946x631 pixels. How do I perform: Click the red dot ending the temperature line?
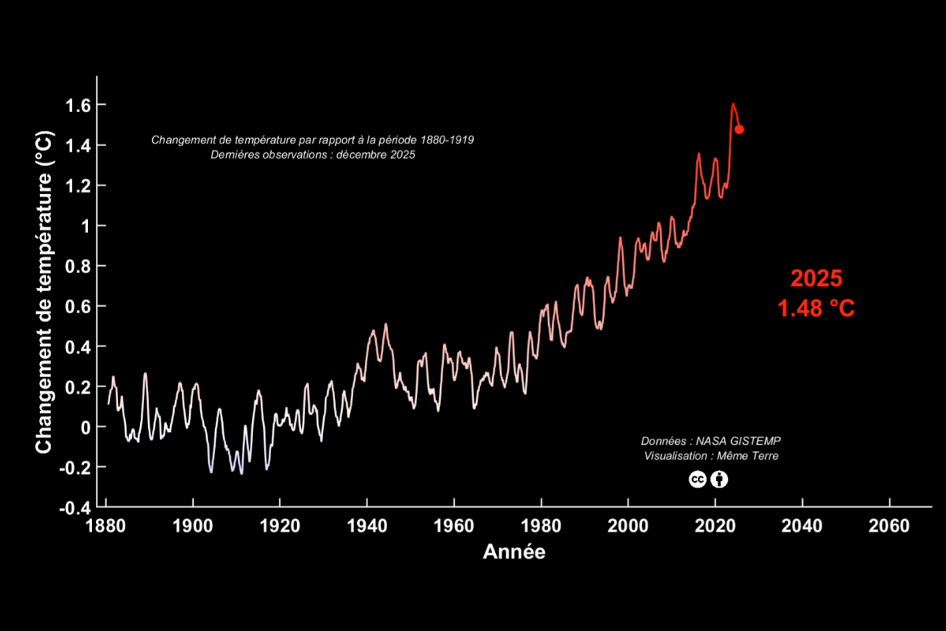pos(739,130)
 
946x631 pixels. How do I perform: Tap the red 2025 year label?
pos(816,278)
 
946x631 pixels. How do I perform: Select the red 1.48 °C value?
pos(816,308)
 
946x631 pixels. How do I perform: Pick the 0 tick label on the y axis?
pos(84,427)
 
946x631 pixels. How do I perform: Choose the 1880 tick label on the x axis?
pos(105,526)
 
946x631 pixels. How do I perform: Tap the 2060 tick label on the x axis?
pos(889,526)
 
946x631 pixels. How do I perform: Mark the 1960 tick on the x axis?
pos(453,526)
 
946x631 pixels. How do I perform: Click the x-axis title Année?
pos(514,552)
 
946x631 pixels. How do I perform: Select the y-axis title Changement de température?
pos(44,292)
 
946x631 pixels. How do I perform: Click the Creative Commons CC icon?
pos(698,479)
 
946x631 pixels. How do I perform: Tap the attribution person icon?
pos(719,479)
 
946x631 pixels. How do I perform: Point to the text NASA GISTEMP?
pos(738,441)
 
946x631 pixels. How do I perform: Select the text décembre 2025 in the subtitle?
pos(375,155)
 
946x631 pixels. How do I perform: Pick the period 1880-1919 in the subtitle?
pos(447,140)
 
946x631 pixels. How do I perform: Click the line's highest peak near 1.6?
pos(733,104)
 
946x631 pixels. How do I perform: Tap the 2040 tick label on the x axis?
pos(802,526)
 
